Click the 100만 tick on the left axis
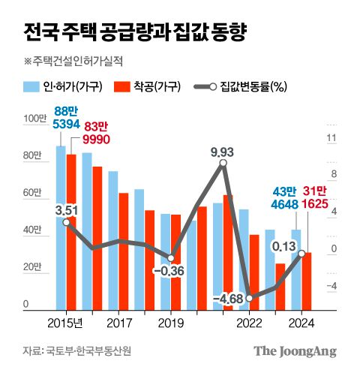click(x=35, y=119)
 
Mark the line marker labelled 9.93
click(x=223, y=164)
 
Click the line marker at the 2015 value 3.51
click(x=66, y=222)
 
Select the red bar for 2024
click(x=306, y=281)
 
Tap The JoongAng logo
click(x=294, y=350)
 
